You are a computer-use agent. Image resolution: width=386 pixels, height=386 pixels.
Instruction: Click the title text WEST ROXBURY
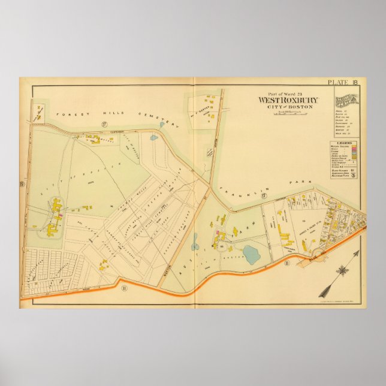288,100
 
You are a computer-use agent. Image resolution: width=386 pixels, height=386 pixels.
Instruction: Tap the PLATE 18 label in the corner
343,82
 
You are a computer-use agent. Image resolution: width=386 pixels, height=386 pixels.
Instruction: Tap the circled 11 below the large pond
287,263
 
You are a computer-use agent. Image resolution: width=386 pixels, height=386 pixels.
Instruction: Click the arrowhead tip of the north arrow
320,295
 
